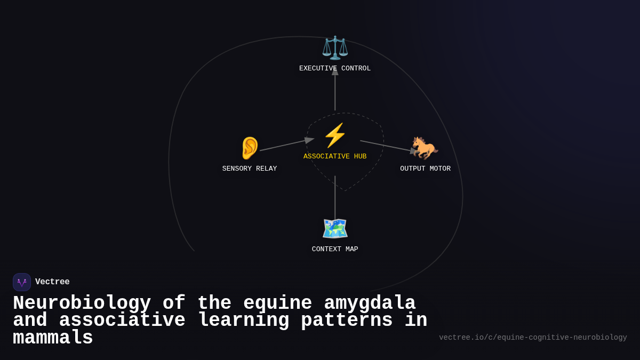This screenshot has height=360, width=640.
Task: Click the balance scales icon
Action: point(335,47)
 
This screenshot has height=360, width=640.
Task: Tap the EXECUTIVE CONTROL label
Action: point(335,69)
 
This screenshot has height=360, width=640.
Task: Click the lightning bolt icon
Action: point(335,135)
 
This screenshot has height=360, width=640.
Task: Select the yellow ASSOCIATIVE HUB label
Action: point(335,157)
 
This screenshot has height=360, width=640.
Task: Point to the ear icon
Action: point(250,148)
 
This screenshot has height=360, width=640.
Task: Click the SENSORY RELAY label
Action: point(250,169)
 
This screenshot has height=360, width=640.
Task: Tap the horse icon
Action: point(425,148)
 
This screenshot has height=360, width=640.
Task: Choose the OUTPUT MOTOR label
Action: point(425,169)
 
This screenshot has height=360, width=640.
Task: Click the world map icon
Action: point(335,228)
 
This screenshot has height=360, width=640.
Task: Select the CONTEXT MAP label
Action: point(335,250)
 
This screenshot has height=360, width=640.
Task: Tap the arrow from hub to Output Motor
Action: point(385,146)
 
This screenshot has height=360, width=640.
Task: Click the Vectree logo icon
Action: point(22,282)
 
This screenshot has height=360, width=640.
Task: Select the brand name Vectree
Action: point(52,282)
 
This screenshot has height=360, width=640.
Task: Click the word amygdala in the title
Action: point(370,303)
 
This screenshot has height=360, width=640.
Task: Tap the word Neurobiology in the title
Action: point(82,303)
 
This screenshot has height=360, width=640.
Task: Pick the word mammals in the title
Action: point(53,338)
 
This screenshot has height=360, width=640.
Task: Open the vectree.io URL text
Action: point(533,338)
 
